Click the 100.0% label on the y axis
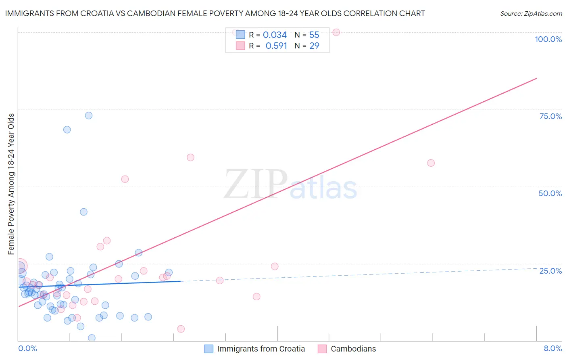click(x=548, y=39)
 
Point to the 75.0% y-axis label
click(x=550, y=116)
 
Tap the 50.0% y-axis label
click(x=550, y=193)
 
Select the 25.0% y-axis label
click(x=550, y=270)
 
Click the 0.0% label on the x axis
click(x=27, y=348)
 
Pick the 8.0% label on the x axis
click(x=552, y=348)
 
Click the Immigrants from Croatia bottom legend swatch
click(x=208, y=349)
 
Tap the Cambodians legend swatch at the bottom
click(x=322, y=349)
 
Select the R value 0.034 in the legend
click(x=275, y=35)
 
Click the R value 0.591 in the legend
click(x=276, y=46)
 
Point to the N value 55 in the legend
click(x=314, y=35)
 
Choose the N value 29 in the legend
click(x=314, y=46)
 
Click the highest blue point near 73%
click(x=89, y=115)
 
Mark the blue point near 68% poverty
click(x=67, y=130)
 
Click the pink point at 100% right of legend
click(x=336, y=32)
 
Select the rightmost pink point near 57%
click(x=431, y=163)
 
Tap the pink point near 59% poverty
click(x=190, y=157)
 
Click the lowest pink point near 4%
click(x=181, y=329)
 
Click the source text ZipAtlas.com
click(x=531, y=14)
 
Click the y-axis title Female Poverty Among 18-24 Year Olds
click(x=11, y=184)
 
